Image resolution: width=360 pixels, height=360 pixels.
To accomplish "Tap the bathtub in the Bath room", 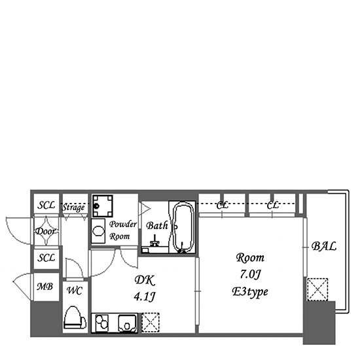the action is click(x=183, y=227).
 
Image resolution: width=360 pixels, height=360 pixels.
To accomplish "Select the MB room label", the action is click(x=45, y=287).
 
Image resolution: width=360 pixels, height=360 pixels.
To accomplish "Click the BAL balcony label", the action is click(x=324, y=246).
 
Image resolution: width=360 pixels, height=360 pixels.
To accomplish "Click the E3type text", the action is click(x=250, y=292).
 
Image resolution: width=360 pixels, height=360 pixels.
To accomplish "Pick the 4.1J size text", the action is click(x=145, y=297).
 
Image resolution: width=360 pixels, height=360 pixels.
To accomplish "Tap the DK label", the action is click(x=145, y=280).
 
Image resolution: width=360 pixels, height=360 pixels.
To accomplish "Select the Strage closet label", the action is click(x=73, y=207).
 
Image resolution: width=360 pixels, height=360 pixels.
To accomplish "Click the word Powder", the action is click(x=123, y=224).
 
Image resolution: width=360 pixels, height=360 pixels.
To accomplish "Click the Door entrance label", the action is click(x=46, y=231).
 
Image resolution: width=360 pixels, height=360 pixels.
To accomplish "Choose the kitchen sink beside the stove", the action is click(x=127, y=323).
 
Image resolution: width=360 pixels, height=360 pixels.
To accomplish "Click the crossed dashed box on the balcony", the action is click(x=317, y=289).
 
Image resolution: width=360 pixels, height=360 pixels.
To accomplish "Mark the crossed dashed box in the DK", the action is click(x=151, y=323).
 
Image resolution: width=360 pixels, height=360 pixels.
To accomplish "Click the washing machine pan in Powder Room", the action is click(x=103, y=206).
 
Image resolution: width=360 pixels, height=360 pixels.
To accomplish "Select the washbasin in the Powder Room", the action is click(x=98, y=231).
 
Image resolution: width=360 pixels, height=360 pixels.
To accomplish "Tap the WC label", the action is click(x=75, y=291).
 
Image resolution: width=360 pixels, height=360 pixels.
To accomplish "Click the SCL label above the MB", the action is click(x=46, y=258).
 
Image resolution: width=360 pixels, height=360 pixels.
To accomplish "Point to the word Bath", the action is click(x=157, y=226).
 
